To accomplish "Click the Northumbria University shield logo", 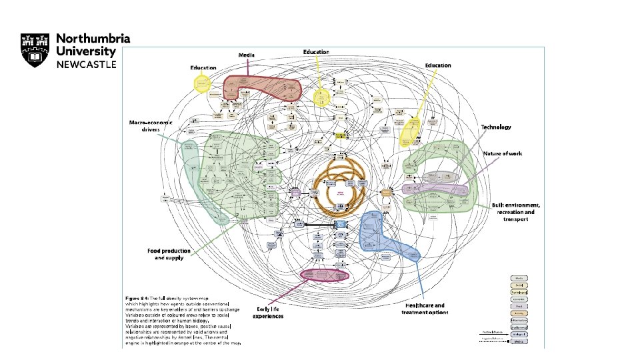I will click(34, 50).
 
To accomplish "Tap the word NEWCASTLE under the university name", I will click(86, 64).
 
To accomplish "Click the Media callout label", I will click(248, 55).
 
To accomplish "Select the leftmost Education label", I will click(203, 68).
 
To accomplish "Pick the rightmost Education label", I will click(438, 65).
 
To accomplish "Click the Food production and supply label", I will click(169, 254).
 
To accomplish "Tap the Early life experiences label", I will click(269, 312).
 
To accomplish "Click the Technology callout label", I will click(496, 127).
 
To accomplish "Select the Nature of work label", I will click(503, 154).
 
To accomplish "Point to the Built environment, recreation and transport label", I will click(515, 211).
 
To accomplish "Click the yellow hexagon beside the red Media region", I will click(202, 84).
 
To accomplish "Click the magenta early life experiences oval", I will click(325, 274).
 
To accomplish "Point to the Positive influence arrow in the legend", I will click(492, 331).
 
